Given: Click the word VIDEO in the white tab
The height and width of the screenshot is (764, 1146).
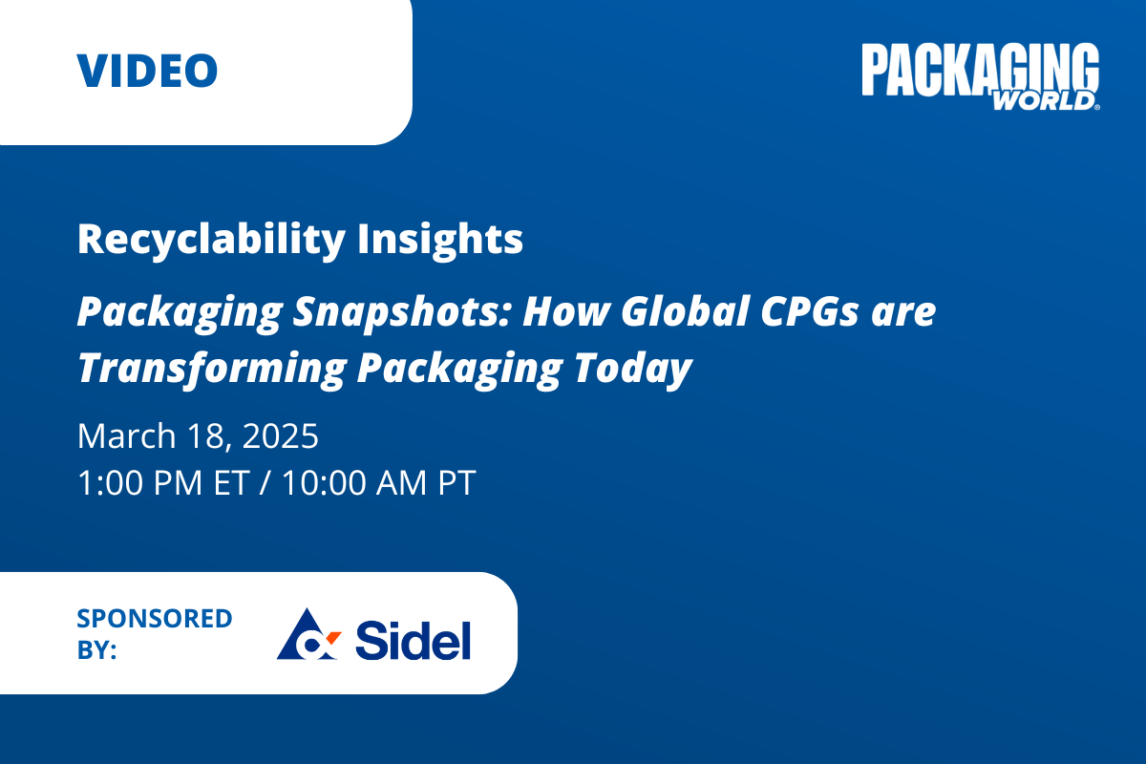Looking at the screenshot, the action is (147, 71).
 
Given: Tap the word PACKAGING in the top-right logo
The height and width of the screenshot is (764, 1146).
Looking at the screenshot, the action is (981, 69).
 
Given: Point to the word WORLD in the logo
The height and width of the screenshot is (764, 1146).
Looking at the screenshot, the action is (1044, 101).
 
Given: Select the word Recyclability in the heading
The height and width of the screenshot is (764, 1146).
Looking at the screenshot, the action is (211, 240).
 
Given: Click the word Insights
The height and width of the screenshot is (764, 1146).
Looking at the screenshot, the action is (440, 240).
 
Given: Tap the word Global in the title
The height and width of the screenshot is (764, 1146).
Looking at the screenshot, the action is (685, 311).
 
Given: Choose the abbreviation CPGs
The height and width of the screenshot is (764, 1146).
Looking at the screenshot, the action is (810, 311).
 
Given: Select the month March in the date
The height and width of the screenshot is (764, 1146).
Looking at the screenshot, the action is (127, 436).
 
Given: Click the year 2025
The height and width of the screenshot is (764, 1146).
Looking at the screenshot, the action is (281, 436).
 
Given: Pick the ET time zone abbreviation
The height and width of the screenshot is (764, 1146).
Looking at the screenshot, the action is (232, 482).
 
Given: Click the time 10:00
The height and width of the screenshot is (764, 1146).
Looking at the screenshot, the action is (324, 482).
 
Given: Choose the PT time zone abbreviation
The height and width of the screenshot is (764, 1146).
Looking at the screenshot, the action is (456, 482).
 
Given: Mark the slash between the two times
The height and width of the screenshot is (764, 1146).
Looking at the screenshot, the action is (265, 482).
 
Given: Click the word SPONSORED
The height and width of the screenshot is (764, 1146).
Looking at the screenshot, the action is (155, 619).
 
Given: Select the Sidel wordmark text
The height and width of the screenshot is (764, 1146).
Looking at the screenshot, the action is (413, 640).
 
